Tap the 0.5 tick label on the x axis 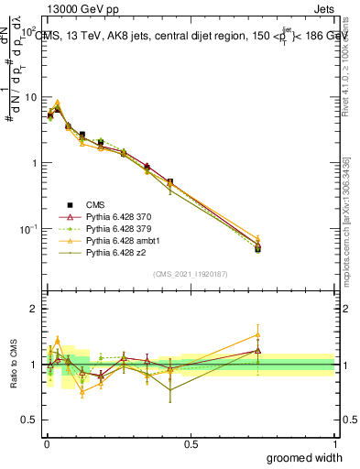(x=191, y=444)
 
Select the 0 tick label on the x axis (x=46, y=444)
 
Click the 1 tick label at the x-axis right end (x=334, y=444)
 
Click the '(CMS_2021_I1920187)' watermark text (x=191, y=274)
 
